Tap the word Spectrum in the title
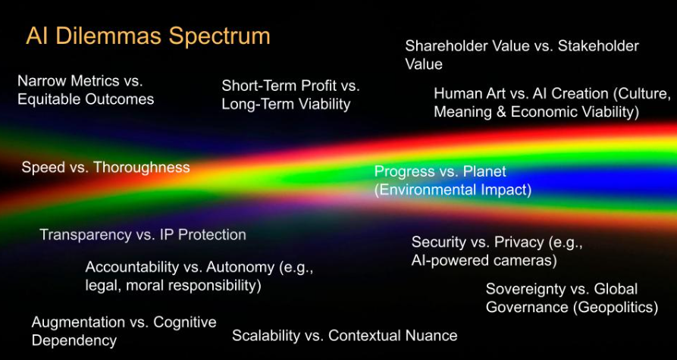[219, 36]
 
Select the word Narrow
[41, 81]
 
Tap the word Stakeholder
[598, 45]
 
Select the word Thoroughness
[141, 167]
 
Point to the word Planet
[484, 171]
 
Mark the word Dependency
[74, 341]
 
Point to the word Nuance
[434, 336]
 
